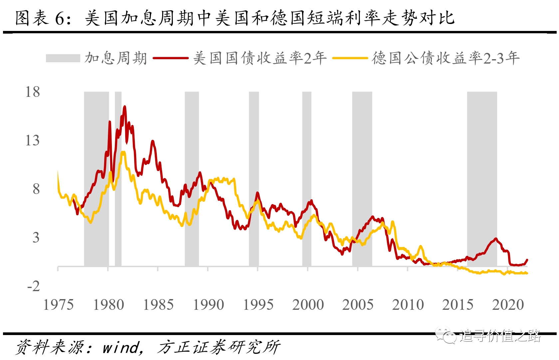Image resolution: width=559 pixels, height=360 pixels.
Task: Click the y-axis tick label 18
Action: (x=33, y=92)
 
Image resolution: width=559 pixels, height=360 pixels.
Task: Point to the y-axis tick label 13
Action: (x=33, y=140)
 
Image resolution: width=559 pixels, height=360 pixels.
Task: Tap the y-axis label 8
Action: (x=36, y=189)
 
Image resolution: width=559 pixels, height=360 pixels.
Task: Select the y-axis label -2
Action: (x=34, y=286)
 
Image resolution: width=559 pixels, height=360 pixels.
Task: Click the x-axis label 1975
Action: (x=58, y=305)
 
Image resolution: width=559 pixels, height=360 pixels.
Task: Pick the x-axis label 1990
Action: (x=208, y=305)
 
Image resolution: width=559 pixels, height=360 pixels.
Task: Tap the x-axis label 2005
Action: (x=358, y=305)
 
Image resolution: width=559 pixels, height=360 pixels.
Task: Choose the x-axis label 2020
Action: (x=508, y=305)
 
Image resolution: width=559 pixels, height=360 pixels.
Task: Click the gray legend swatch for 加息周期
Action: (x=63, y=58)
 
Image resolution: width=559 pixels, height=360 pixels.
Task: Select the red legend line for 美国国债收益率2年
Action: (x=170, y=58)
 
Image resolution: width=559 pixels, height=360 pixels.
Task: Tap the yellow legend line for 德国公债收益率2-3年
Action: (x=350, y=58)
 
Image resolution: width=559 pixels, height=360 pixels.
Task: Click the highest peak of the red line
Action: (x=125, y=107)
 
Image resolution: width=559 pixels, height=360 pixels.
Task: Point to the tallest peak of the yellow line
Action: (x=123, y=152)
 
